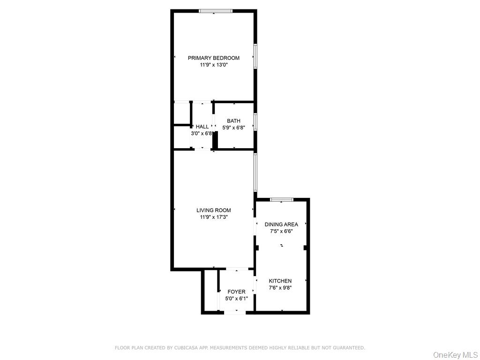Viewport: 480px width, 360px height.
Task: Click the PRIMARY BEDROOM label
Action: coord(213,58)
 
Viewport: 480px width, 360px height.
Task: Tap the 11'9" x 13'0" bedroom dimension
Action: coord(213,65)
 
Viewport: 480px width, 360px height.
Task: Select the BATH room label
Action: coord(233,121)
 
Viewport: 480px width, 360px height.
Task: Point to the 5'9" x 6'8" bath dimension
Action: coord(233,127)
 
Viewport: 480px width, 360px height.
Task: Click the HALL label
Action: coord(202,127)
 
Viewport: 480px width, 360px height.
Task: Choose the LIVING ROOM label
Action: coord(213,210)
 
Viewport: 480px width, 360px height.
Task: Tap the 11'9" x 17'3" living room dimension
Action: coord(213,217)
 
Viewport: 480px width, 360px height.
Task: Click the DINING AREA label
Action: coord(281,225)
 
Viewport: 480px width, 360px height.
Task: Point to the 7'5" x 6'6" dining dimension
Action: coord(281,231)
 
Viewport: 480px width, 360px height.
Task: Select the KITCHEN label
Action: coord(280,281)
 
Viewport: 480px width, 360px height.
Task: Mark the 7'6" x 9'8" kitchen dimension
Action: coord(280,288)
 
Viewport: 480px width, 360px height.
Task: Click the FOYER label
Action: coord(236,292)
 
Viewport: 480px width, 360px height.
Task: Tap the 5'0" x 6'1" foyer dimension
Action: coord(236,298)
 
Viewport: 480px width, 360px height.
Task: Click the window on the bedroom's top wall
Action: coord(215,11)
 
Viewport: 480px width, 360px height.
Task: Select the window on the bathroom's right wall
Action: coord(255,121)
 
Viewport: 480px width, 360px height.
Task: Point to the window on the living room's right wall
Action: coord(255,172)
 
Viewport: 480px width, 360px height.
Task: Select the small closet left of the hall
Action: coord(181,113)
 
